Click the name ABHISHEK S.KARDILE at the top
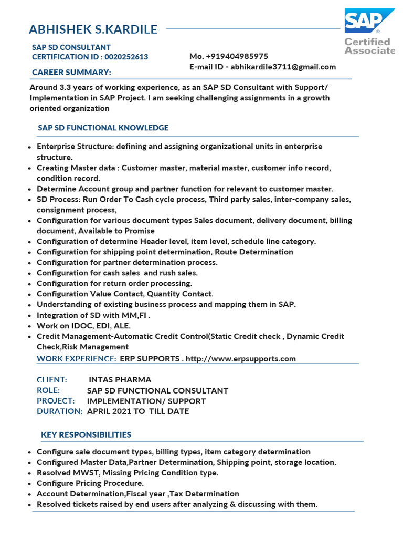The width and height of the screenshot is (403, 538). pos(93,29)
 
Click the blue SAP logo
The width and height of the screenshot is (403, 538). pos(369,21)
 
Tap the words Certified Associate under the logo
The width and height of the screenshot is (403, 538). pos(369,46)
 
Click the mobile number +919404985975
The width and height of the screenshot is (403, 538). pos(237,56)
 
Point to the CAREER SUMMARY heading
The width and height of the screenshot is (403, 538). pos(71,72)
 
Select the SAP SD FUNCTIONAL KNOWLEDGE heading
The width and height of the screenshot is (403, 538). pos(103,128)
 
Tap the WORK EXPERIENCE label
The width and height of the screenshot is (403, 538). pos(76,359)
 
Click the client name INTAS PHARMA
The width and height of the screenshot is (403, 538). pos(120,380)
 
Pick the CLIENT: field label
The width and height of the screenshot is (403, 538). pos(51,380)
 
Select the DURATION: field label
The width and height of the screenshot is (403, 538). pos(59,411)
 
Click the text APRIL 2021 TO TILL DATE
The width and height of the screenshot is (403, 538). pos(137,411)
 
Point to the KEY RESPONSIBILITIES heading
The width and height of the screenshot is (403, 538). pos(86,434)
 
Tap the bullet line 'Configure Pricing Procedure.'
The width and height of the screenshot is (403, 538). pos(90,483)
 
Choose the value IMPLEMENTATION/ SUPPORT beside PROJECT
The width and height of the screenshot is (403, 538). pos(146,401)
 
